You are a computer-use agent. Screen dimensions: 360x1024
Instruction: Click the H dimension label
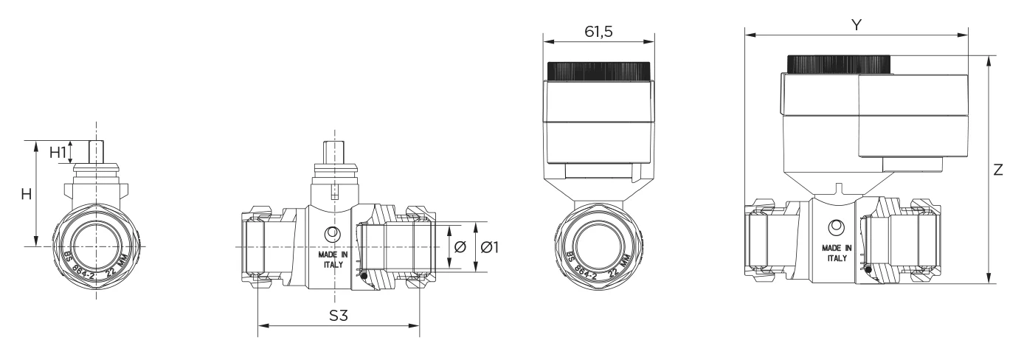click(x=25, y=194)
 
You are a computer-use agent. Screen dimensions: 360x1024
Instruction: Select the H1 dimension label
click(x=58, y=153)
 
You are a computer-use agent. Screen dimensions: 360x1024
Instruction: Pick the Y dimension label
click(x=856, y=25)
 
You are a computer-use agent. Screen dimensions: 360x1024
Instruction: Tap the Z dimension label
click(x=998, y=170)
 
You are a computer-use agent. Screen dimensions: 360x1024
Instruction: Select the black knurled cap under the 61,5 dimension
click(x=598, y=71)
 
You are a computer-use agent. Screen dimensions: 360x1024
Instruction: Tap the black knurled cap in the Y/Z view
click(x=839, y=64)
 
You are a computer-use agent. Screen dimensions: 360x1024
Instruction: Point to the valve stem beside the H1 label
click(x=96, y=153)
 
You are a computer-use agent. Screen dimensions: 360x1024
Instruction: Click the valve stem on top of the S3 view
click(x=333, y=154)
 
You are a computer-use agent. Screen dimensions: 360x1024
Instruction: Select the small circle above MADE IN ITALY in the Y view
click(x=837, y=226)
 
